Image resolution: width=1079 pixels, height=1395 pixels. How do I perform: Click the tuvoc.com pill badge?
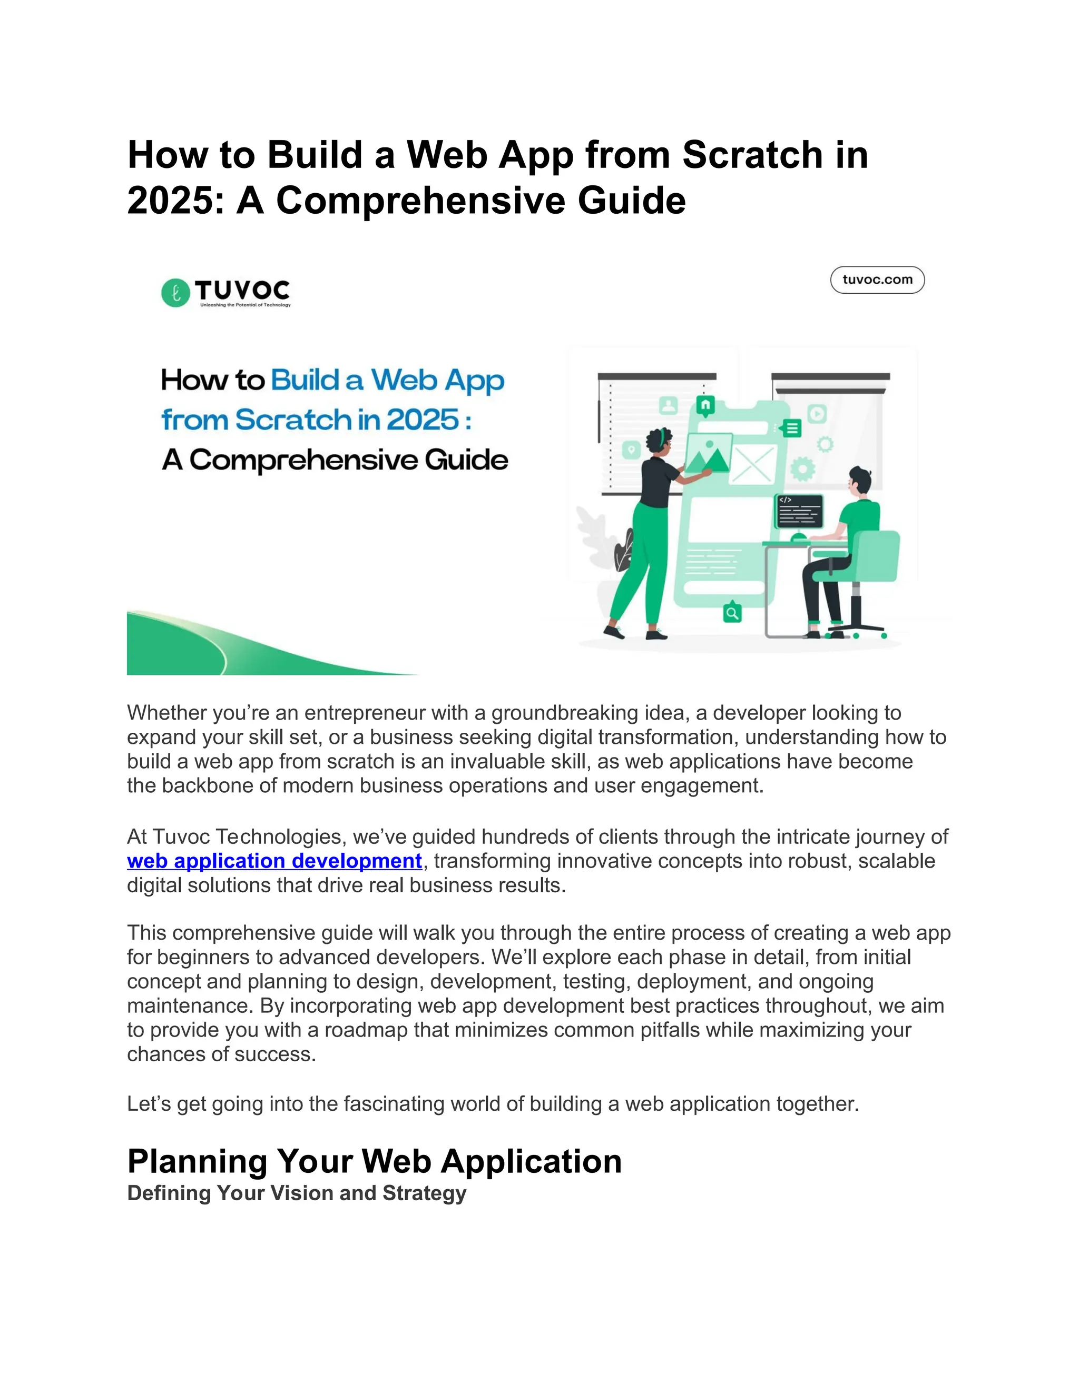click(877, 280)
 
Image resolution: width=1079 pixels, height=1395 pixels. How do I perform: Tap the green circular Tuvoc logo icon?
click(175, 293)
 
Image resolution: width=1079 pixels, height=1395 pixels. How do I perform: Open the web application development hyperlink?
click(274, 861)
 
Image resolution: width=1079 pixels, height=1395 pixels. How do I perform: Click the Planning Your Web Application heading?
click(374, 1161)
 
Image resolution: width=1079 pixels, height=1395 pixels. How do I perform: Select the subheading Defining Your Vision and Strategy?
click(297, 1193)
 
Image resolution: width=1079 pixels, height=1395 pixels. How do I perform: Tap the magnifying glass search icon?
click(732, 613)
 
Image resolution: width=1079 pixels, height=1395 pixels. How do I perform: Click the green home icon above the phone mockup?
click(705, 405)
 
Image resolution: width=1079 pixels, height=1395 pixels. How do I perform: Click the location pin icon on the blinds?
click(631, 450)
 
